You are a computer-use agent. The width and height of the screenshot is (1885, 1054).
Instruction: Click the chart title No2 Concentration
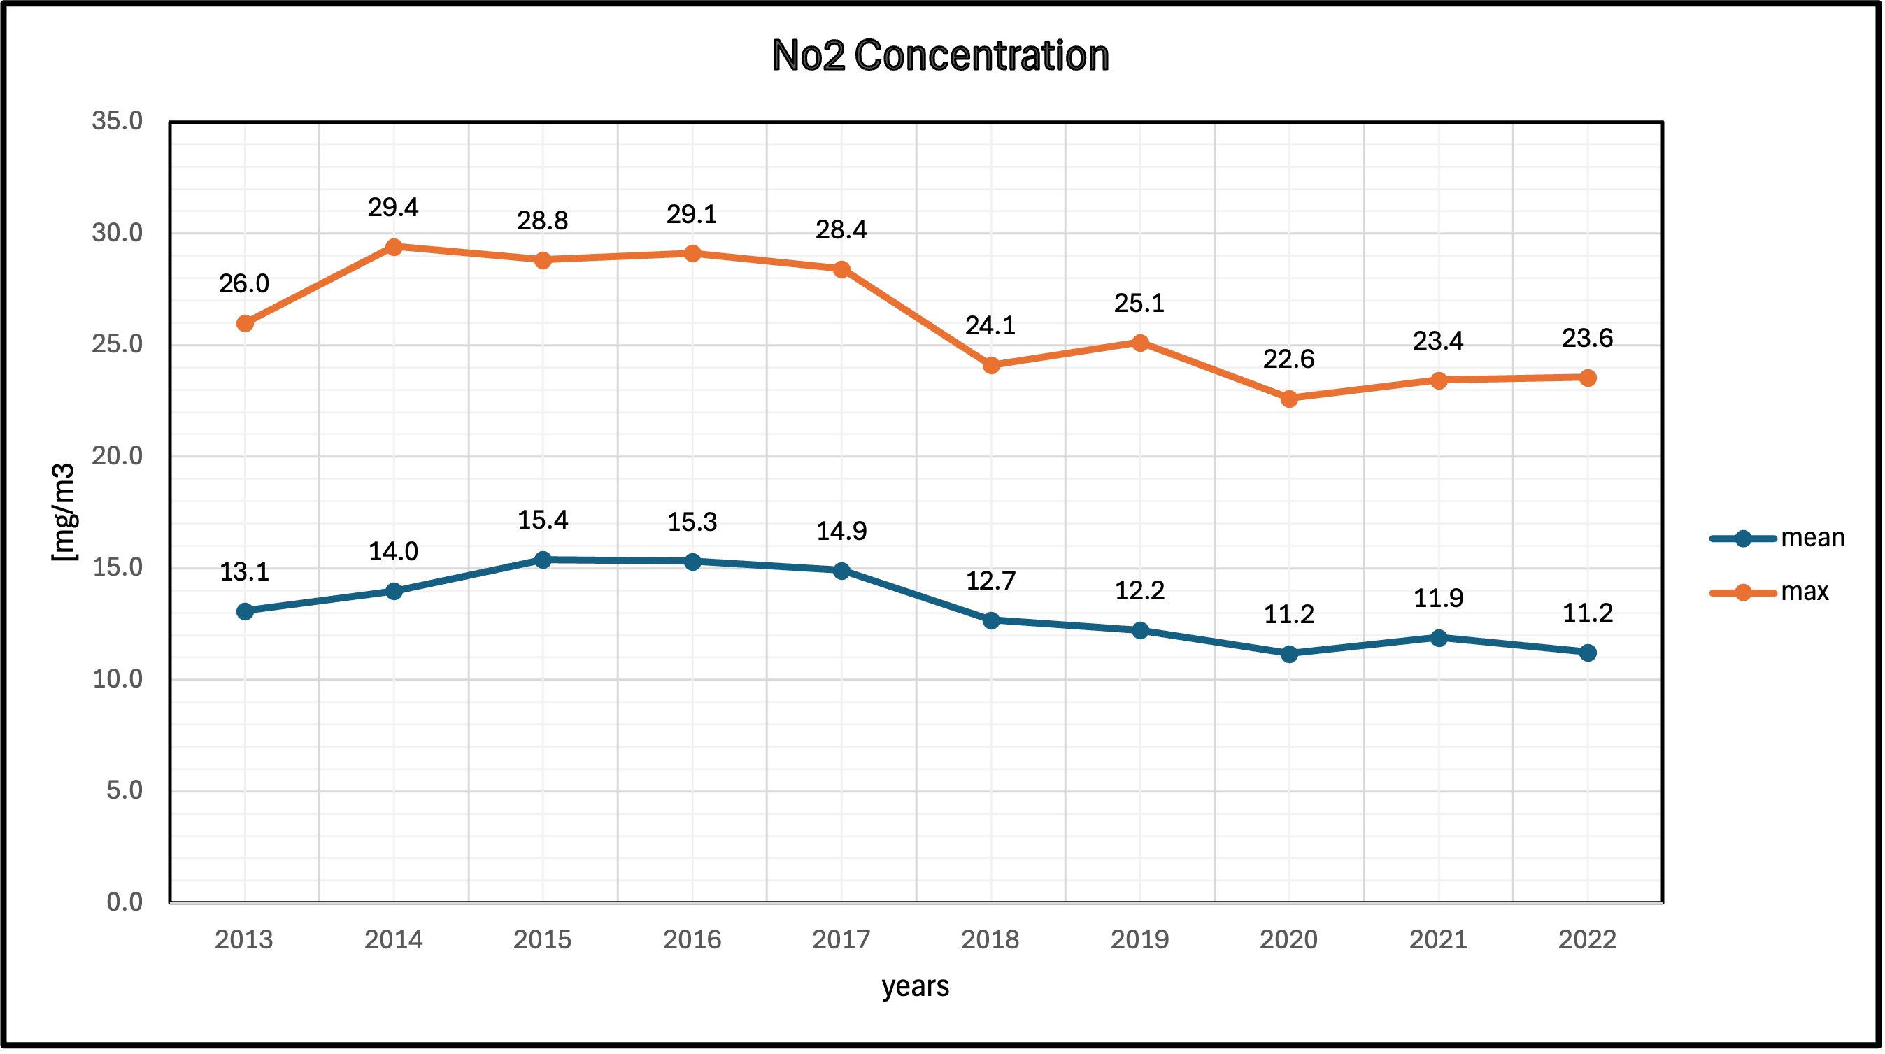point(940,56)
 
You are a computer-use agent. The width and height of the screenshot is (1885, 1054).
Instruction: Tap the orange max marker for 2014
point(394,248)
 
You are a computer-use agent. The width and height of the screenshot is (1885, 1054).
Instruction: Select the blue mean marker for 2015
point(543,561)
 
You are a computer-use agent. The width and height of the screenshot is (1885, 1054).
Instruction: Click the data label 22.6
point(1289,359)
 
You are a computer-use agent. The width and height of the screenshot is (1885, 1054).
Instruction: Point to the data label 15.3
point(692,522)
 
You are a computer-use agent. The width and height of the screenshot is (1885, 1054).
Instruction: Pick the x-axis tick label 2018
point(990,940)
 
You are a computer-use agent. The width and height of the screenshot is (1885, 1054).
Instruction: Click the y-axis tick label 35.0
point(117,122)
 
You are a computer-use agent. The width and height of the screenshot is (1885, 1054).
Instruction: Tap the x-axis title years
point(916,987)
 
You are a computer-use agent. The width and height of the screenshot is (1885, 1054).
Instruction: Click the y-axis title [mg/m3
point(64,513)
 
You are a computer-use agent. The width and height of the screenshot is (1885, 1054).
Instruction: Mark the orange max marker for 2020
point(1289,399)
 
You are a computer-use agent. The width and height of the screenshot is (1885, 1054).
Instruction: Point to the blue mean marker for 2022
point(1588,653)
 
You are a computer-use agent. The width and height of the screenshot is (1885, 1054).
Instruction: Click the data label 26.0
point(244,284)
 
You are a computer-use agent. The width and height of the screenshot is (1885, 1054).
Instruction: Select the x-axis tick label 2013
point(243,940)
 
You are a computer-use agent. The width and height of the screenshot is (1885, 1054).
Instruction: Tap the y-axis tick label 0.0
point(125,902)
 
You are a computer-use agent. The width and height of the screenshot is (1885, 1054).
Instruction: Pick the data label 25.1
point(1139,303)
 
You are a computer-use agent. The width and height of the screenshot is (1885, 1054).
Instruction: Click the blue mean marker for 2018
point(992,620)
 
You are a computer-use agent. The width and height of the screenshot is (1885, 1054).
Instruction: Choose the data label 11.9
point(1439,599)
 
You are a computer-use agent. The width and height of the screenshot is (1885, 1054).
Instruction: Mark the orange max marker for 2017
point(842,270)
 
